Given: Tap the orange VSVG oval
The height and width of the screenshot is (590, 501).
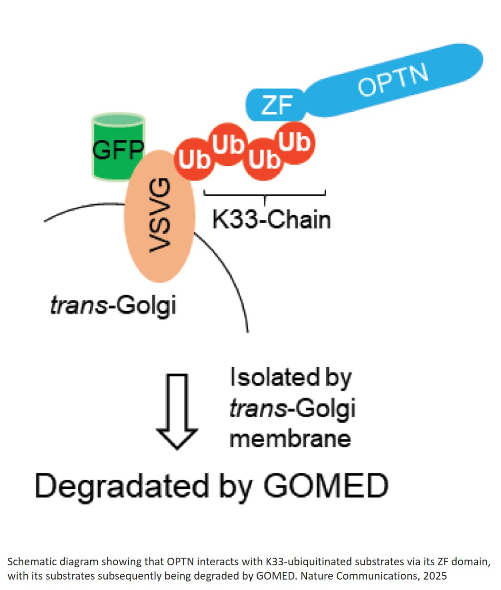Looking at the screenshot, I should click(160, 216).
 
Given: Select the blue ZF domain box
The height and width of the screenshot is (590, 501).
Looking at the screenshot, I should click(275, 105).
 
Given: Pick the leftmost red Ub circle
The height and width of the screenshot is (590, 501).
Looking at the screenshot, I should click(194, 160).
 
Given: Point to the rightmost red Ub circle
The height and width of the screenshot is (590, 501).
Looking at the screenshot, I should click(295, 142).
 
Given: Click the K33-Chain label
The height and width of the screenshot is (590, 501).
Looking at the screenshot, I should click(271, 220).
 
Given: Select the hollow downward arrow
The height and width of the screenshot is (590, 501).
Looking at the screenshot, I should click(178, 411).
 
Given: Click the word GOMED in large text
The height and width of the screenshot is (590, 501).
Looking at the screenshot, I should click(326, 486).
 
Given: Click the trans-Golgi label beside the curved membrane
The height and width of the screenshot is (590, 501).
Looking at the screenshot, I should click(113, 305).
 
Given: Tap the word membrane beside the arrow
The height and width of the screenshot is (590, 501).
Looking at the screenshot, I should click(290, 438).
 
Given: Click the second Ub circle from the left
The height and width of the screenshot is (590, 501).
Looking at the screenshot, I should click(228, 144).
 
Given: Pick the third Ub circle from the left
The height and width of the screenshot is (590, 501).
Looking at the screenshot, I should click(264, 160).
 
